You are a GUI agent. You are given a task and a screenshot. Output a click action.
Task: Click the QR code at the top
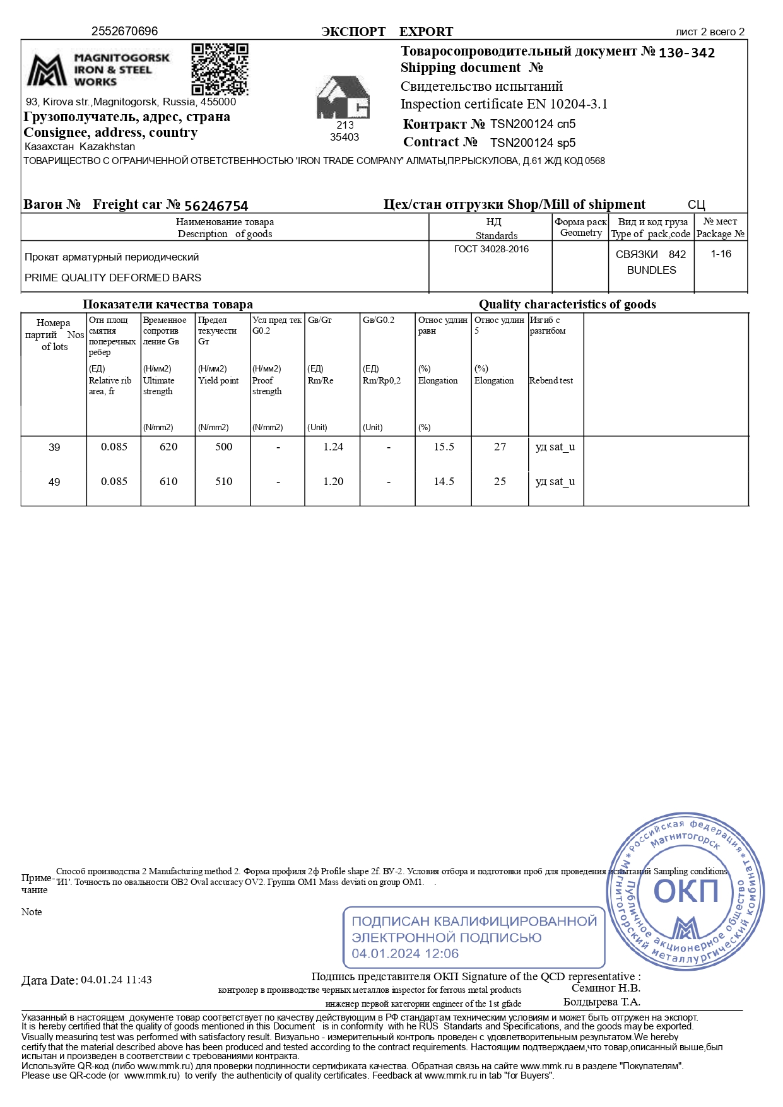coord(220,69)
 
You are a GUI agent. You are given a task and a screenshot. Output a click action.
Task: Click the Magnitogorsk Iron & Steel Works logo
coord(98,70)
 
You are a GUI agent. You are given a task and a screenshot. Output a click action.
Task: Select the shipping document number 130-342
coord(686,53)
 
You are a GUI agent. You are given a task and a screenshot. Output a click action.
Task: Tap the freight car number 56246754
coord(216,206)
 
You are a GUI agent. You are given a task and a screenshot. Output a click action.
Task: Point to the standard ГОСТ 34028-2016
coord(491,249)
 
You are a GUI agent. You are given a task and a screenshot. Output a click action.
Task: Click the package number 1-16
coord(721,254)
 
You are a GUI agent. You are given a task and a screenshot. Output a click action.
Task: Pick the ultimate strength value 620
coord(168,447)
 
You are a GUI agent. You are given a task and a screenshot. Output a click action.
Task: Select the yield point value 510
coord(224,481)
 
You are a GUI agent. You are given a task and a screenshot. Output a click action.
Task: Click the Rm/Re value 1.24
coord(333,447)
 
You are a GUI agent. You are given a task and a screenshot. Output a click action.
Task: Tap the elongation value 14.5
coord(444,481)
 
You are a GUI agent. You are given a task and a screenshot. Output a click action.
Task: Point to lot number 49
coord(54,482)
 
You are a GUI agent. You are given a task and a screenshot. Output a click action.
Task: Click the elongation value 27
coord(500,447)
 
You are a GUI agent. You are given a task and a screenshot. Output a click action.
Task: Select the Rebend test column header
coord(551,380)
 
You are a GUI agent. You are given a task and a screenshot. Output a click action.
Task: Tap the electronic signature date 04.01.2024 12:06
coord(405,953)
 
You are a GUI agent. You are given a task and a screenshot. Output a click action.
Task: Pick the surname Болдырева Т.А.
coord(601,1002)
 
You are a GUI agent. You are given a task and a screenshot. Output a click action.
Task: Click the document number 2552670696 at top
coord(124,31)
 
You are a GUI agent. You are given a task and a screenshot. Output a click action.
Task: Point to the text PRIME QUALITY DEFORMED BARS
coord(113,278)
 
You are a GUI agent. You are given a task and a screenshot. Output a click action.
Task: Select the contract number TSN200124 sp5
coord(533,143)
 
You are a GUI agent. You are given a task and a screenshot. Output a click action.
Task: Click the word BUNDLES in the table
coord(651,270)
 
